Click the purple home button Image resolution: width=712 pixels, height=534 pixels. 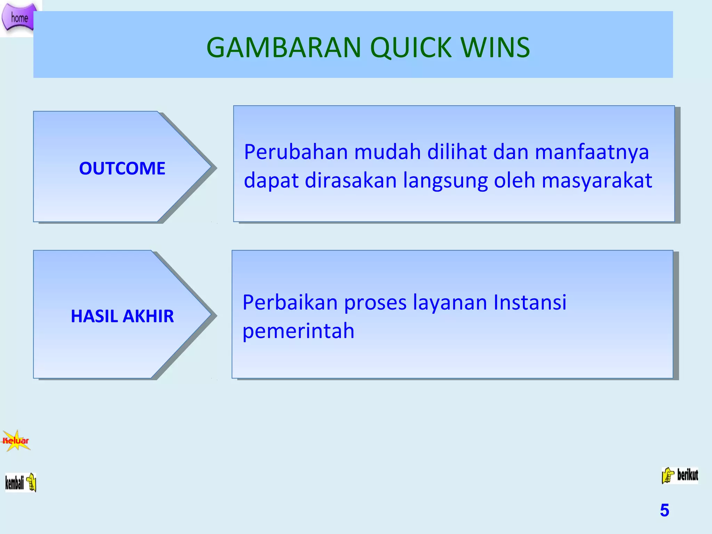pos(19,17)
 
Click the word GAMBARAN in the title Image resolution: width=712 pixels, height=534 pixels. pos(284,48)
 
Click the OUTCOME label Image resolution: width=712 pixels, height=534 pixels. pos(122,168)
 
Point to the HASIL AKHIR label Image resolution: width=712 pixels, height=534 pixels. pos(122,316)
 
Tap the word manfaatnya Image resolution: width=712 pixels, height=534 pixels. pos(592,152)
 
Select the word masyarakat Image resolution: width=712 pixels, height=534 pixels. pos(597,181)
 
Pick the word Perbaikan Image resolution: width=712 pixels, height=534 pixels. pos(290,302)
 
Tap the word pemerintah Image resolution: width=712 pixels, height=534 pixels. pos(298,331)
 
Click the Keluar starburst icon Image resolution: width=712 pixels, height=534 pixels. pos(16,441)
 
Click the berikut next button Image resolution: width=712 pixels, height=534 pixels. pos(680,475)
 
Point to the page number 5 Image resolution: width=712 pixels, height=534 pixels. pos(664,510)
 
